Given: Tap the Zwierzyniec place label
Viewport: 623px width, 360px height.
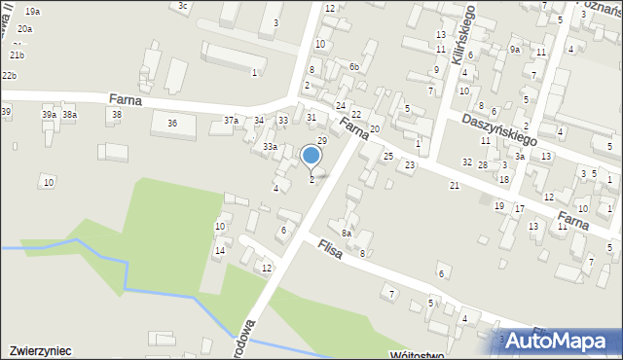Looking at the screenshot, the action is (40, 348).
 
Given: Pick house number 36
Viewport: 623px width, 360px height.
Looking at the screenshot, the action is (172, 123).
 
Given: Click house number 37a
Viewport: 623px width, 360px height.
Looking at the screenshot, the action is (231, 120).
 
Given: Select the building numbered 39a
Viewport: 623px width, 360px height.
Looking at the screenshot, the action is (49, 115).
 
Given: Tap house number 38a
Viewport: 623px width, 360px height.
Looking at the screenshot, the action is (70, 115).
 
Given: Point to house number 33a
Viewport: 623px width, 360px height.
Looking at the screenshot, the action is (270, 146).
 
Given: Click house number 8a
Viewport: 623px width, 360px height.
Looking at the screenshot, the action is (346, 233).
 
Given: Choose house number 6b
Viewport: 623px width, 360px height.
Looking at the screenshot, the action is (355, 66).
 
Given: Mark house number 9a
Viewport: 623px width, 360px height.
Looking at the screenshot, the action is (514, 49).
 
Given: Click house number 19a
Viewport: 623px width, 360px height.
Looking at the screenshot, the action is (33, 11).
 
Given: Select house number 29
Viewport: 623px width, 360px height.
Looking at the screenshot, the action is (321, 141).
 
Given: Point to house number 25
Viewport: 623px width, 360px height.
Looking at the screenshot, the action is (387, 156).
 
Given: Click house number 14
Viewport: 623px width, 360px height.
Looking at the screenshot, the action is (220, 251).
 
